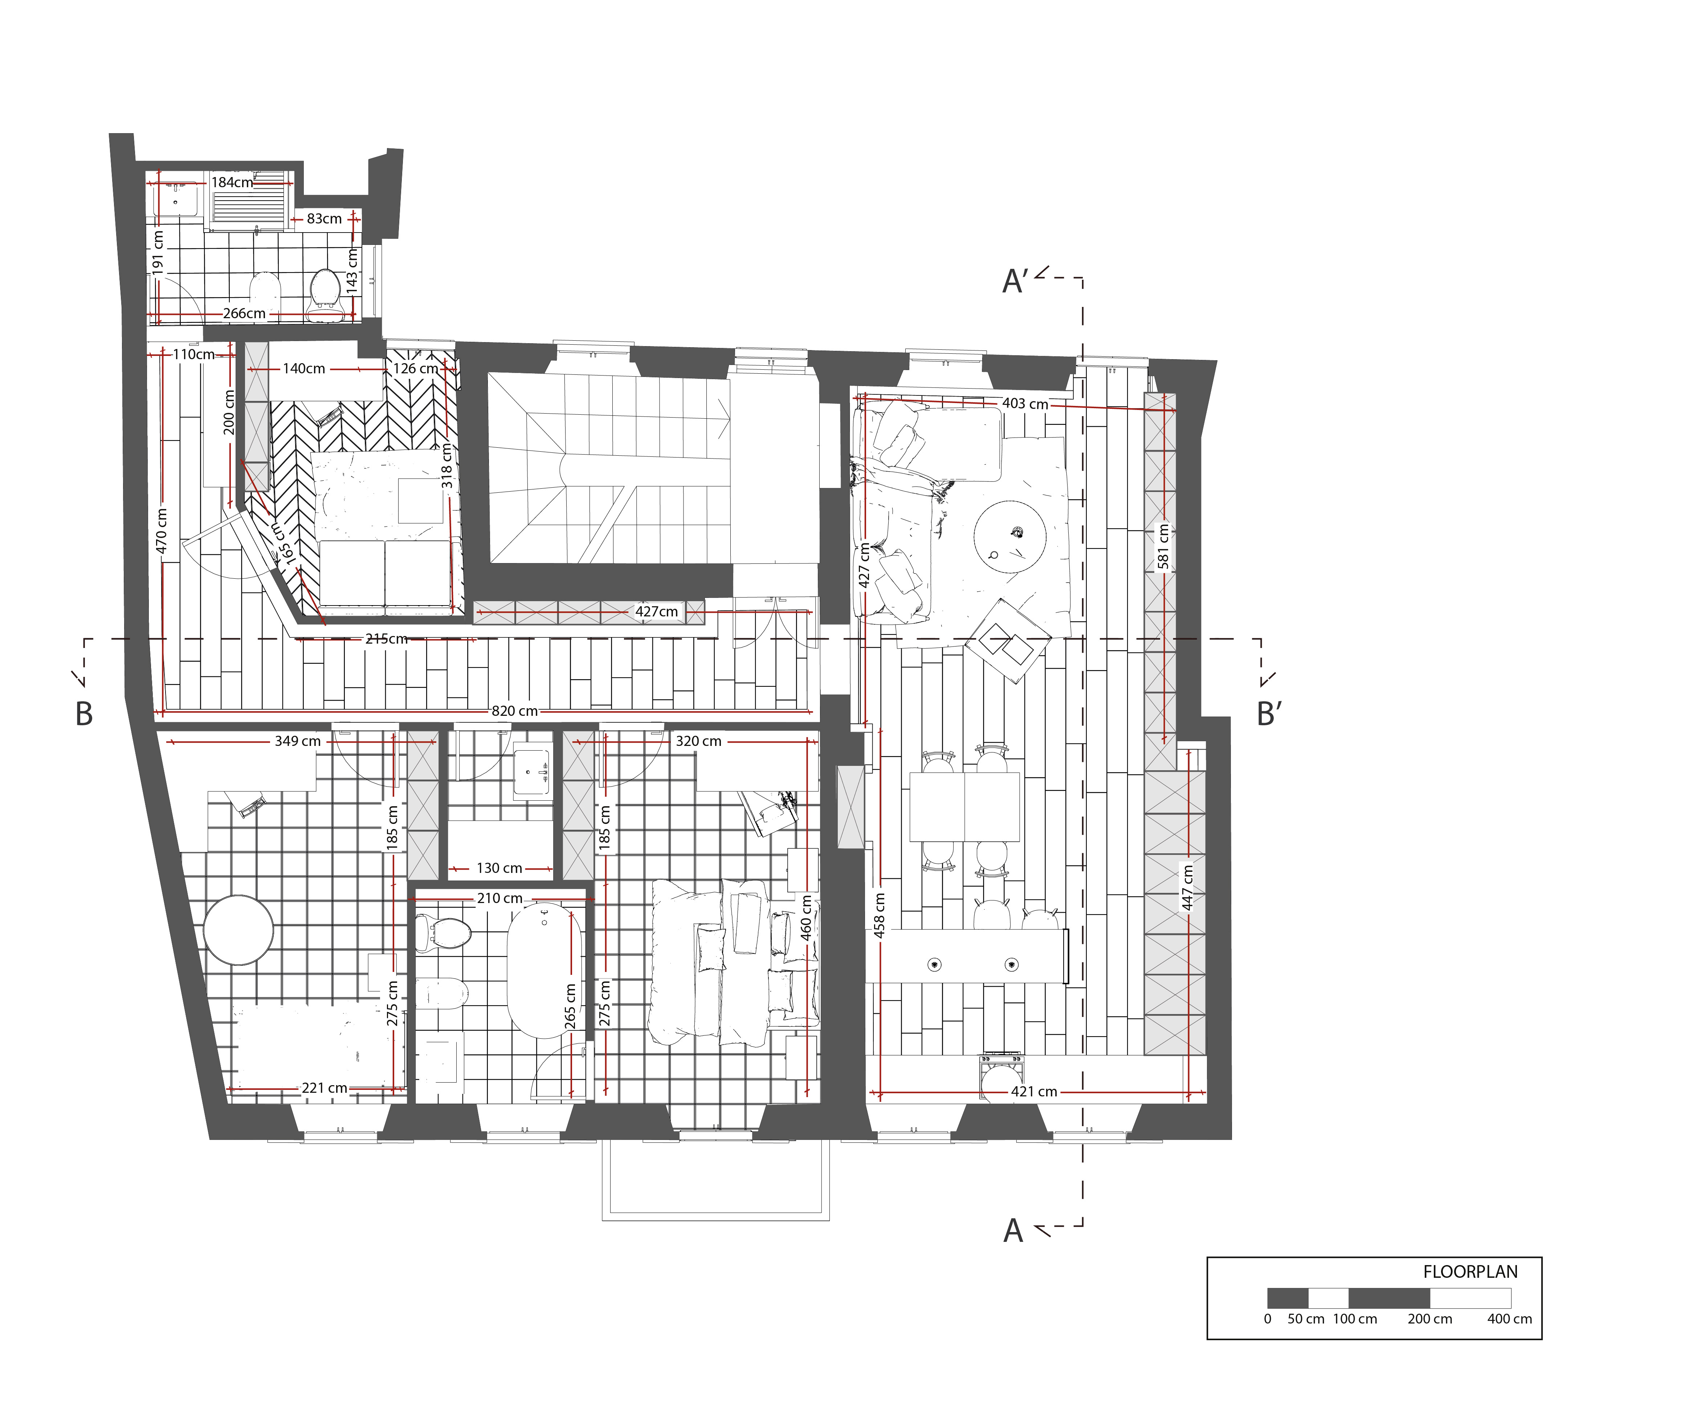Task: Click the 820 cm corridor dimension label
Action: [515, 711]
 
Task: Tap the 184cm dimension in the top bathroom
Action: [232, 182]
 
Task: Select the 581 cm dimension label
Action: [1163, 546]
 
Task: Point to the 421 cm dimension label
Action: [1034, 1091]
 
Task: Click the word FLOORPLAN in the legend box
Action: [1470, 1272]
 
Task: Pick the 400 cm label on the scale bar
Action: [1510, 1319]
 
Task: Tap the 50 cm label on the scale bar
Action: [1306, 1319]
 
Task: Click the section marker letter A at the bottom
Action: [1013, 1231]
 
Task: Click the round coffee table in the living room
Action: [1010, 537]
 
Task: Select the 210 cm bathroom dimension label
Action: [499, 898]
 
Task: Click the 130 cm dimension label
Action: [499, 869]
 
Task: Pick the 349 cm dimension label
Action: [297, 741]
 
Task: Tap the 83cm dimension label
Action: [324, 219]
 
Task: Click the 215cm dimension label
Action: [386, 639]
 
